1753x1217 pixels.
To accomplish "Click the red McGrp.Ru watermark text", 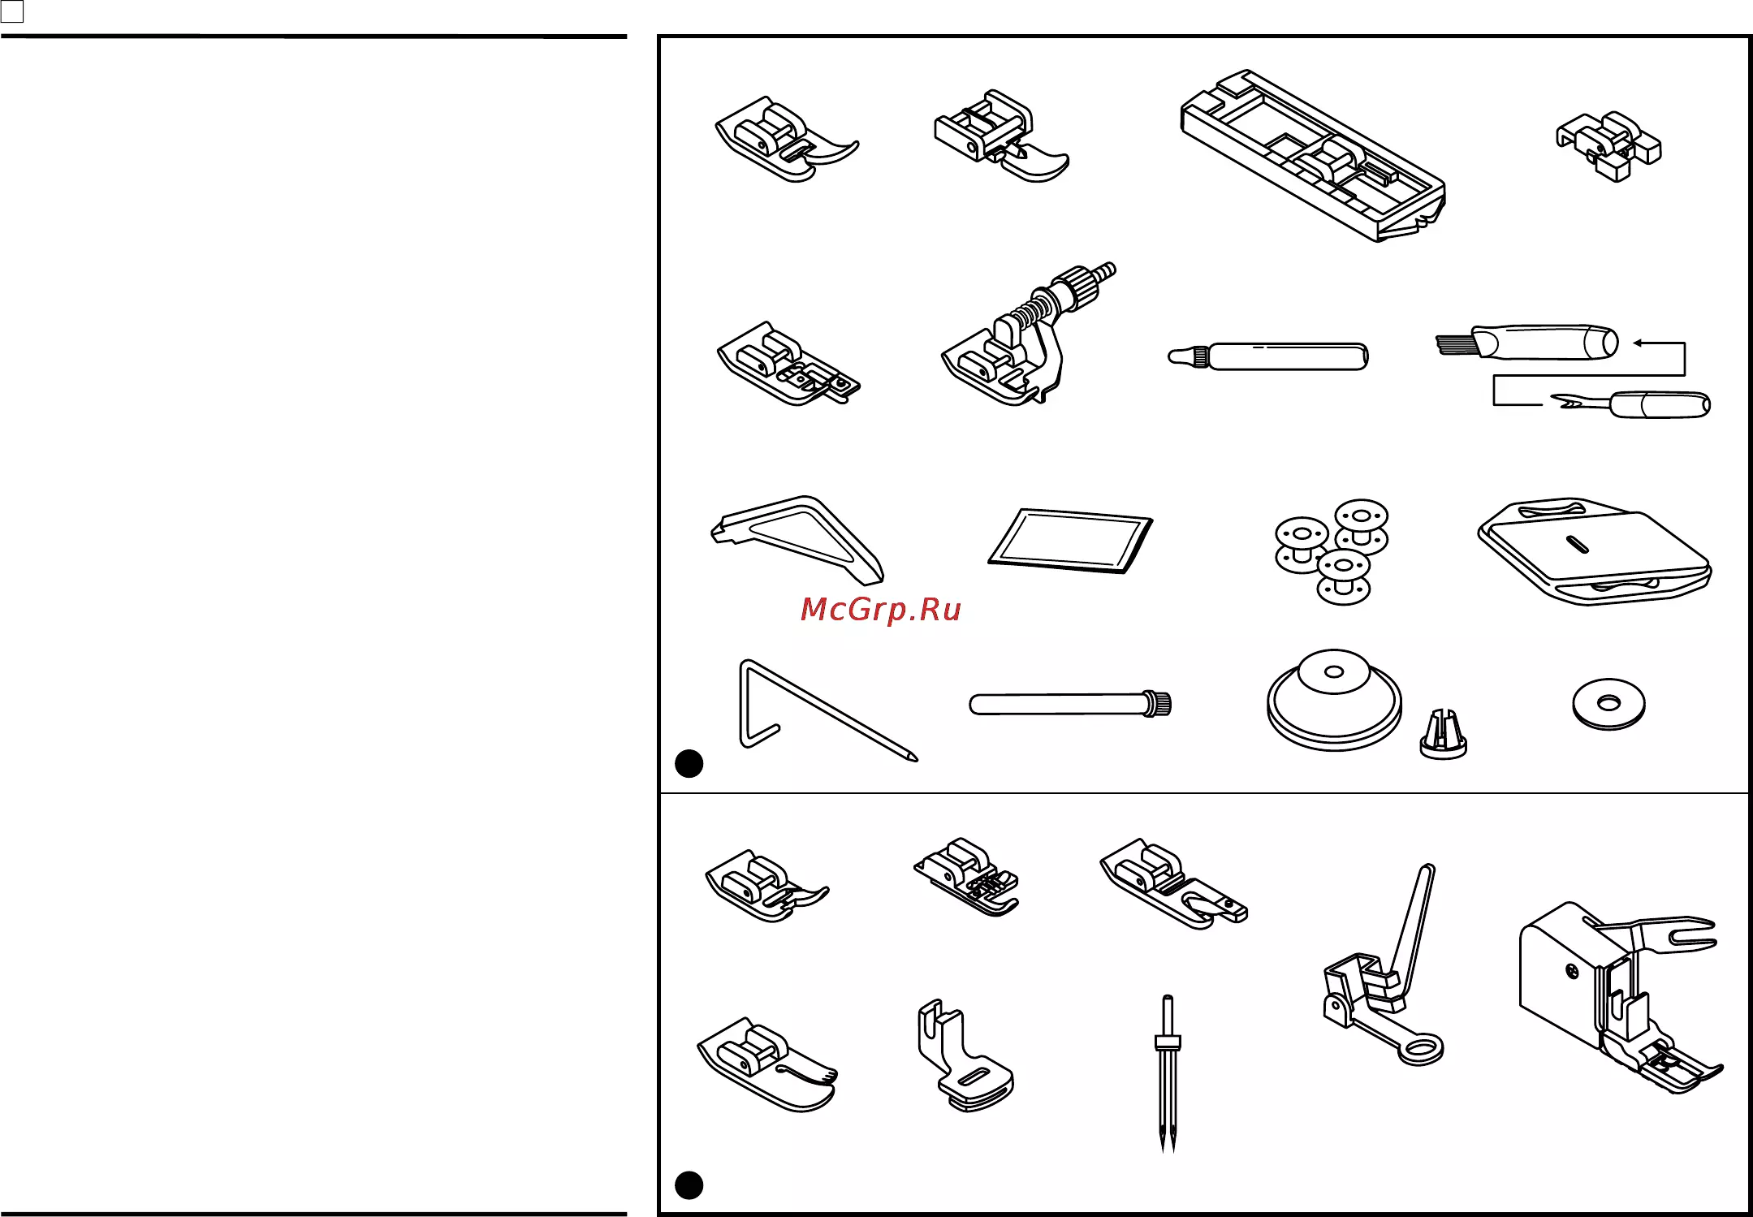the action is (x=880, y=609).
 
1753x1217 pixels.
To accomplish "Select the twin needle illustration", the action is (x=1168, y=1072).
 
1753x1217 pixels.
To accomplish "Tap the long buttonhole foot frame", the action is (x=1313, y=154).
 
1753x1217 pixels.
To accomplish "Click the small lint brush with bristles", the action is (x=1526, y=343).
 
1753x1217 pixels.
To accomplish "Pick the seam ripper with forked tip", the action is (x=1630, y=404).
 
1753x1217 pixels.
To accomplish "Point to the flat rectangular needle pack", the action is (x=1070, y=541).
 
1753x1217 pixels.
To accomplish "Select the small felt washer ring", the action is (x=1608, y=704).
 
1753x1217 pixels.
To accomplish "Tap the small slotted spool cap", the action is (x=1443, y=735).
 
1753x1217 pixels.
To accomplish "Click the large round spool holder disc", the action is (x=1334, y=699).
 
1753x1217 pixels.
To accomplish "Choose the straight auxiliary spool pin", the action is (x=1070, y=703).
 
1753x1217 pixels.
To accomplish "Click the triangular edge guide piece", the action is (x=797, y=540).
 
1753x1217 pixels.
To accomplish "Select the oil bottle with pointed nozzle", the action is (x=1267, y=356).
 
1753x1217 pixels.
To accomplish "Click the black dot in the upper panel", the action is (x=689, y=764).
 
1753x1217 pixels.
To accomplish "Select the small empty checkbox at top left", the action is (x=12, y=11).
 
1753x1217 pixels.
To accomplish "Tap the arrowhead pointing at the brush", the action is (x=1638, y=343).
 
